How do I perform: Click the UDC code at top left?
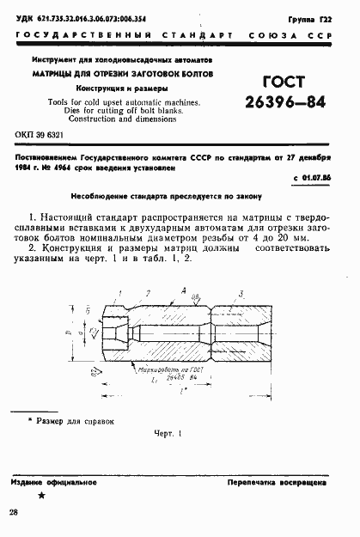tap(80, 16)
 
